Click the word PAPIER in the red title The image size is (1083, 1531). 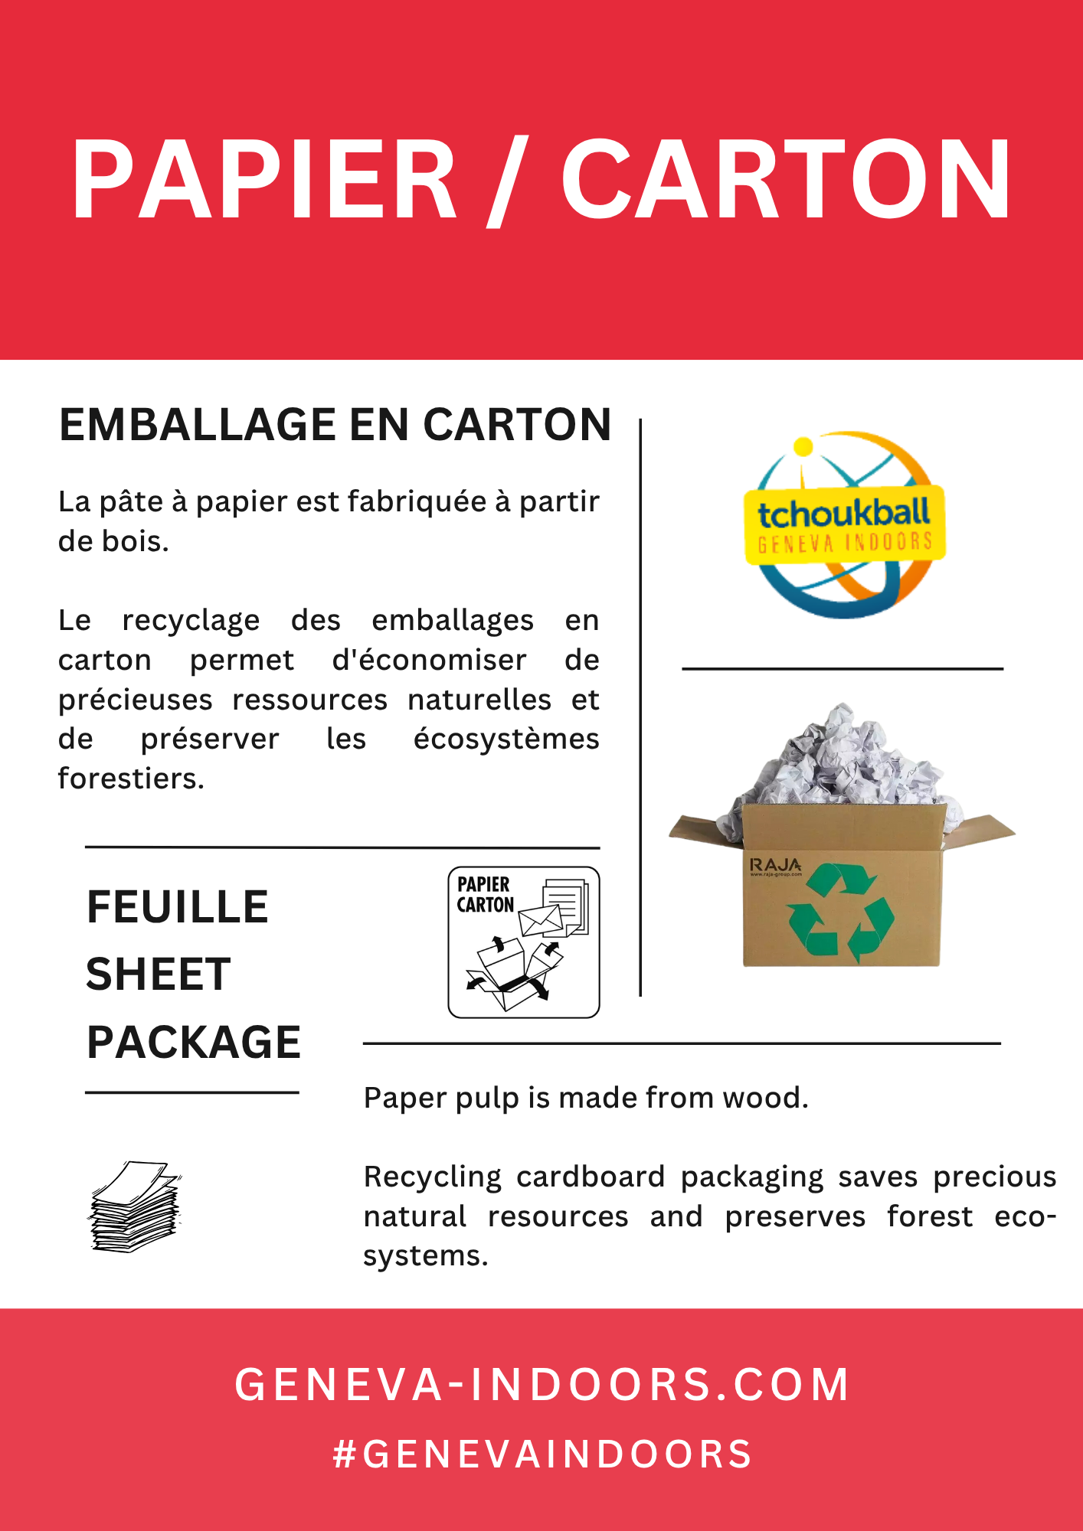click(264, 181)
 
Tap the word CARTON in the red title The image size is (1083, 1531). click(787, 181)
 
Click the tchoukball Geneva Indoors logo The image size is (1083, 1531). click(845, 525)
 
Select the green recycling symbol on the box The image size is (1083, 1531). click(841, 912)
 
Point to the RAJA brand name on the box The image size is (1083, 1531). click(775, 865)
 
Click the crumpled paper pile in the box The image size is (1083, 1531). click(843, 758)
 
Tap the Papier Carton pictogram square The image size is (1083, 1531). click(524, 942)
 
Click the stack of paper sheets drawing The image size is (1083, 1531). click(136, 1207)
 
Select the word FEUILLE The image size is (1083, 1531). click(178, 907)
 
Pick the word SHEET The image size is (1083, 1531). click(159, 974)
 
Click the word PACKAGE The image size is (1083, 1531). click(194, 1042)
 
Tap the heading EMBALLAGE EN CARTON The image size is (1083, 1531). click(335, 425)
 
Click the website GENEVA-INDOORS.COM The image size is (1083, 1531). click(541, 1385)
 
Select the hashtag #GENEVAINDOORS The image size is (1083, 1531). click(542, 1454)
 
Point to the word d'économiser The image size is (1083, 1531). click(429, 660)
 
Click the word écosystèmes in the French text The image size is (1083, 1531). click(506, 739)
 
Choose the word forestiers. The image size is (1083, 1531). click(131, 779)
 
